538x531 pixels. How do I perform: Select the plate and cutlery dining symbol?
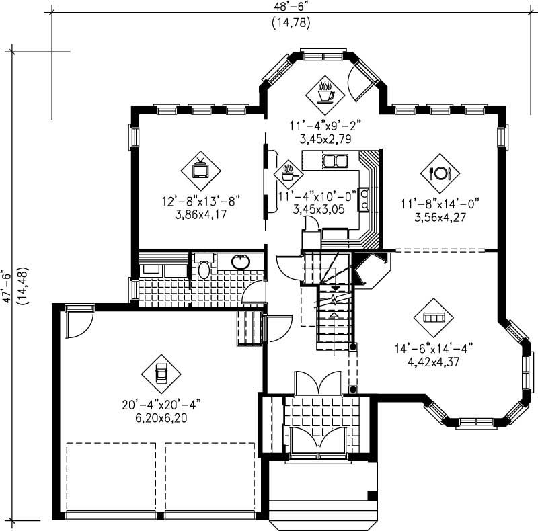click(439, 173)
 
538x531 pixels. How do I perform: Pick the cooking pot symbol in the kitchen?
click(289, 174)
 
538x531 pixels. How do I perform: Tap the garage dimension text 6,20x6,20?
click(161, 417)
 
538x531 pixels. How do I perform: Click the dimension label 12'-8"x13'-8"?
click(201, 200)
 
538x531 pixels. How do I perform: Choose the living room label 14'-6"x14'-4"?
click(434, 348)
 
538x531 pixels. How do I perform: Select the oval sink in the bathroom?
click(239, 261)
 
